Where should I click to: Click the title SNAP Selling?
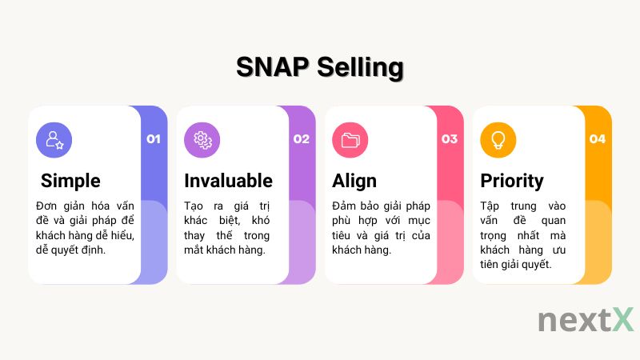(320, 67)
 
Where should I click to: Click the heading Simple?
(70, 180)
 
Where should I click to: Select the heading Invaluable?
(228, 180)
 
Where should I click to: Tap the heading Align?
(354, 180)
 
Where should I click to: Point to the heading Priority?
(512, 180)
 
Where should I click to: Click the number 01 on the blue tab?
(154, 139)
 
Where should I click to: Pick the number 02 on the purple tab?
(301, 139)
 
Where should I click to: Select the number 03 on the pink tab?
(450, 139)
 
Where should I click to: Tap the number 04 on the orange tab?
(598, 139)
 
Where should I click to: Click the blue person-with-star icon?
(54, 140)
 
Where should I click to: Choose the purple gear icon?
(202, 140)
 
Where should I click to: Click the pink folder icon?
(350, 140)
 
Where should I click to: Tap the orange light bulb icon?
(498, 140)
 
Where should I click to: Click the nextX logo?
(586, 319)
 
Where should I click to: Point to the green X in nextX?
(622, 318)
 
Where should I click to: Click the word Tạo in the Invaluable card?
(194, 206)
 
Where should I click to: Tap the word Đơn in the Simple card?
(49, 206)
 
